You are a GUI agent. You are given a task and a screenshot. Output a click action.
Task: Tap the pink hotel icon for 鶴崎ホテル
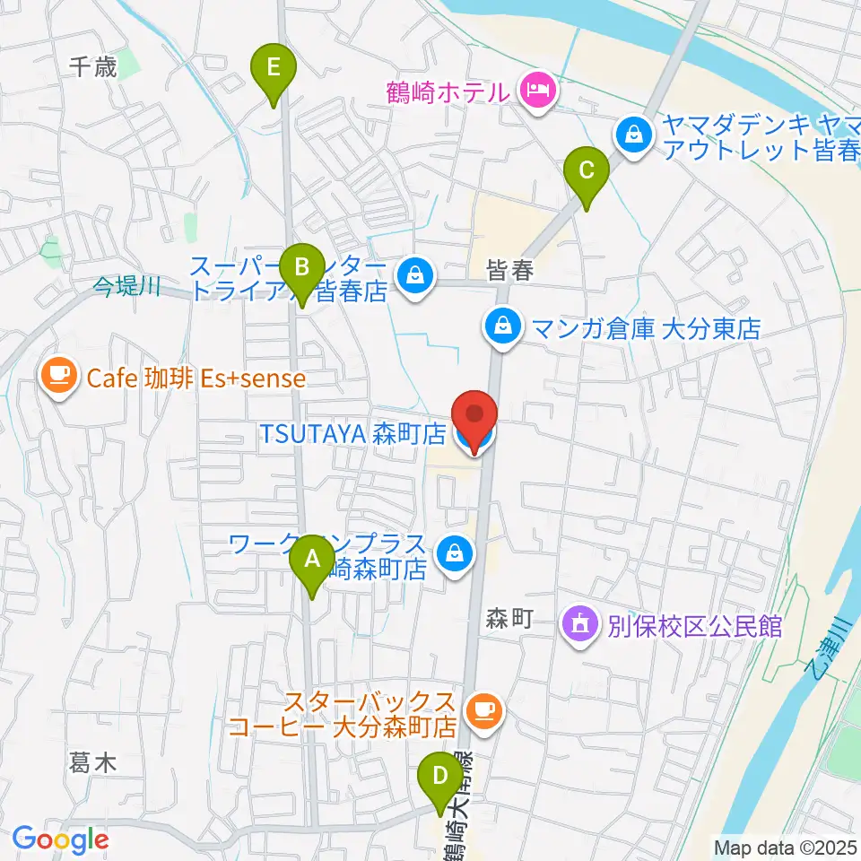point(539,90)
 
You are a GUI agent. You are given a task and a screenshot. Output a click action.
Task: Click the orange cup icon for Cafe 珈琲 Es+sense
point(61,377)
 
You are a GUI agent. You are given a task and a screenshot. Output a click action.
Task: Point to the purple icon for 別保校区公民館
point(580,623)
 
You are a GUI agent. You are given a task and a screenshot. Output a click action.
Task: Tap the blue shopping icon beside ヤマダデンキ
point(633,136)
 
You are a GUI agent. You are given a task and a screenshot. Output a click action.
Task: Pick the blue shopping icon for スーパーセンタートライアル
point(414,274)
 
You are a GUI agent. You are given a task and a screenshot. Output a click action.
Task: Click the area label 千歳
point(93,66)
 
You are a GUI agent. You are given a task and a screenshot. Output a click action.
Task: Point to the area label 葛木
point(93,763)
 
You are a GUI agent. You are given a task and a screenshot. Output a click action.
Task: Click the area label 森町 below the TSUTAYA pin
point(510,617)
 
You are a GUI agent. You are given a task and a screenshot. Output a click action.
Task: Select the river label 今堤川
point(127,287)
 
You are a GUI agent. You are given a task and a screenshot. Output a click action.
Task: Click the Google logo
point(60,839)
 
